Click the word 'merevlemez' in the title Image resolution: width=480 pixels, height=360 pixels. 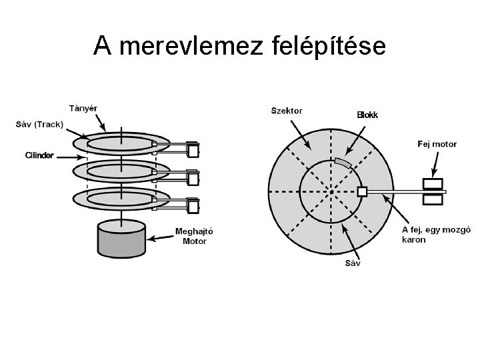(x=189, y=46)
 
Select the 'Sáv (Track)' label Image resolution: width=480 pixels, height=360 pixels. (x=39, y=124)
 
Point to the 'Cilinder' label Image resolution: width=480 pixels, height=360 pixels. (x=39, y=155)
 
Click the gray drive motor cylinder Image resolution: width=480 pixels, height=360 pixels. (x=121, y=240)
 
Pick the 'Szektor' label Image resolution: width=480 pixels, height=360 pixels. (x=287, y=110)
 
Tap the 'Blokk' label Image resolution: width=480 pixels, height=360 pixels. (x=367, y=115)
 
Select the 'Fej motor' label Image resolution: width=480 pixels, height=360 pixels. (x=437, y=143)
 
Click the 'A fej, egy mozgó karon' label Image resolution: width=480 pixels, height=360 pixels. (x=437, y=234)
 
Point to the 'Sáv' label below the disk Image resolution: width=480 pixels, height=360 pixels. (x=353, y=263)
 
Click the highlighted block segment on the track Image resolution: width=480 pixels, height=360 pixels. (x=343, y=162)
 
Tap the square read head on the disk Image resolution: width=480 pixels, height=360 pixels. (x=362, y=192)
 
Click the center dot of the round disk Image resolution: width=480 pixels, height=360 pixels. (x=331, y=193)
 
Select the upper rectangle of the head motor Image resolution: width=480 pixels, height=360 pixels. (x=433, y=183)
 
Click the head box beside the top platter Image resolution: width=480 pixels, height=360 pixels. (x=193, y=151)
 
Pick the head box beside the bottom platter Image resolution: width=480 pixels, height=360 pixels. (x=193, y=207)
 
